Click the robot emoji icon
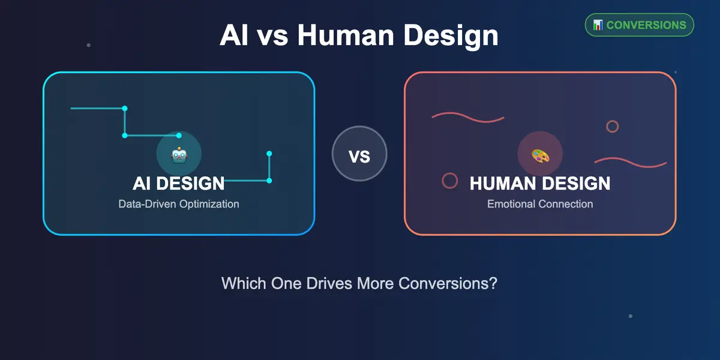pyautogui.click(x=179, y=155)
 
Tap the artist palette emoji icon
pyautogui.click(x=541, y=156)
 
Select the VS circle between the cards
pyautogui.click(x=359, y=154)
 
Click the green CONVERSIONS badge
pyautogui.click(x=640, y=25)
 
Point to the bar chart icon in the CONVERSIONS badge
pyautogui.click(x=598, y=25)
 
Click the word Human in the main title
pyautogui.click(x=346, y=35)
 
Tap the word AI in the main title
pyautogui.click(x=234, y=35)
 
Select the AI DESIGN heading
pyautogui.click(x=179, y=184)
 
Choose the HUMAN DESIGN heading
pyautogui.click(x=540, y=184)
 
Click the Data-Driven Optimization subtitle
pyautogui.click(x=179, y=204)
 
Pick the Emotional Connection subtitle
pyautogui.click(x=540, y=204)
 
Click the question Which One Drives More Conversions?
pyautogui.click(x=359, y=283)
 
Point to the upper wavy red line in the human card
pyautogui.click(x=468, y=118)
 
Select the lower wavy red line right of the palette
pyautogui.click(x=631, y=163)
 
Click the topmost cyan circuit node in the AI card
pyautogui.click(x=125, y=109)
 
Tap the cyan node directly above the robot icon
pyautogui.click(x=179, y=136)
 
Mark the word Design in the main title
pyautogui.click(x=451, y=36)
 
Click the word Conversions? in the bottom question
pyautogui.click(x=448, y=283)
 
